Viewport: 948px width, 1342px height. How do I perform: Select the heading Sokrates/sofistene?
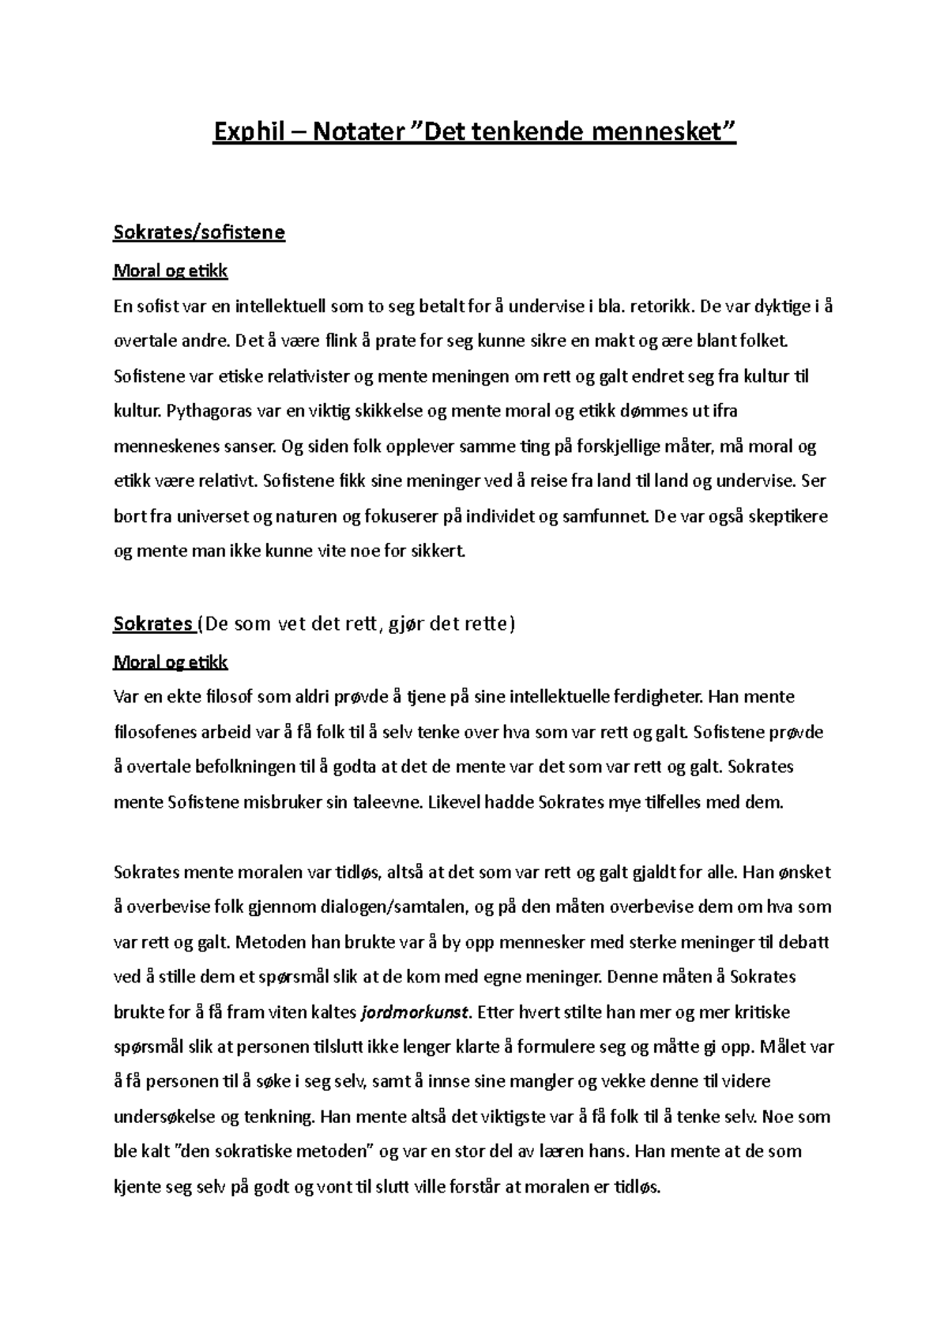click(x=199, y=233)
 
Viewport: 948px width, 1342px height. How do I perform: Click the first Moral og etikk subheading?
click(x=171, y=271)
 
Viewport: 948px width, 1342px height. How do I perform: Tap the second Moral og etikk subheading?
click(x=171, y=662)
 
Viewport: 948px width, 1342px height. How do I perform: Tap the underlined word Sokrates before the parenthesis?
click(x=153, y=624)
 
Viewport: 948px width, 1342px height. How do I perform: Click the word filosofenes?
click(x=160, y=733)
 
